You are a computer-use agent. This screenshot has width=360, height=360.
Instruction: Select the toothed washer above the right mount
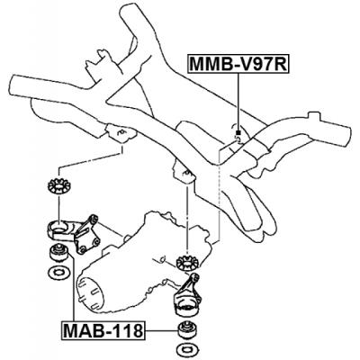pos(187,264)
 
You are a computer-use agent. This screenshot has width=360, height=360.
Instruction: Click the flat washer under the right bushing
pos(188,344)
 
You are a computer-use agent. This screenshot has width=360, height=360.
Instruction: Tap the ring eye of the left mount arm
pos(57,224)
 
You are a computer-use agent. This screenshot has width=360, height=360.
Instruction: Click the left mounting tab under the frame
pos(117,135)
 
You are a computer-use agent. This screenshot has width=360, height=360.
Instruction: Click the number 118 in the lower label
pos(126,330)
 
